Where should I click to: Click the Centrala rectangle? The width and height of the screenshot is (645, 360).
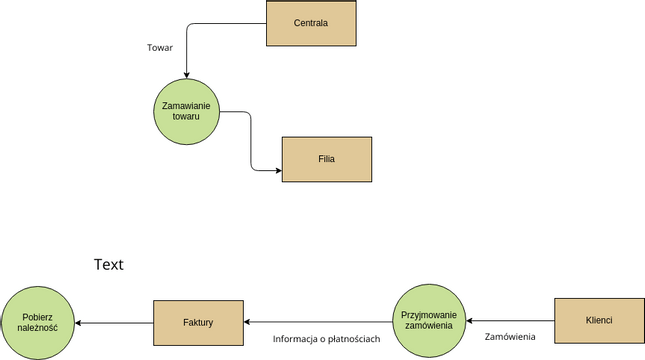tap(311, 23)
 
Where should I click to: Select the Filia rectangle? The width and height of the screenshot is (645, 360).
tap(326, 159)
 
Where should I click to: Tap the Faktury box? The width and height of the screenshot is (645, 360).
tap(198, 323)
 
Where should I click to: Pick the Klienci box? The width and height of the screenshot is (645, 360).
tap(598, 320)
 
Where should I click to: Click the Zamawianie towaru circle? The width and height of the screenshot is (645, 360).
tap(186, 111)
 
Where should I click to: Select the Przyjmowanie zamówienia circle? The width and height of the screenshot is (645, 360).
tap(428, 320)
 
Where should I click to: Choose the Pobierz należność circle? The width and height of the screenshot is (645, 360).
tap(38, 322)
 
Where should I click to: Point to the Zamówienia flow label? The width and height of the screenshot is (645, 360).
tap(510, 337)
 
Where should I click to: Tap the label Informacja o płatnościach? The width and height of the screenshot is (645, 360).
tap(326, 339)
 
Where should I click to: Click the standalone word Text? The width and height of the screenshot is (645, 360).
tap(108, 265)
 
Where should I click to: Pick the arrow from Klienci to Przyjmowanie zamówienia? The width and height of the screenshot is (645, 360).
tap(510, 321)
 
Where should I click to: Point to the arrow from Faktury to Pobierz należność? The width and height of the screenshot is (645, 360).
tap(115, 322)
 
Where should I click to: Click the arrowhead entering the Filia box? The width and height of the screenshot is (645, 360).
tap(277, 170)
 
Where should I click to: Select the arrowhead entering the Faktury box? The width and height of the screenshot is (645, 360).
tap(249, 322)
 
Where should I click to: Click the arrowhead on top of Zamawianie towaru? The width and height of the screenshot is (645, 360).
tap(186, 74)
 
